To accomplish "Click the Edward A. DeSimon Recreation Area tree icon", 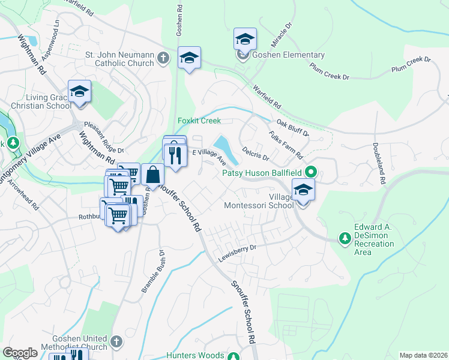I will pos(345,239).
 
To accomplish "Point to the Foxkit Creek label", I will pos(199,121).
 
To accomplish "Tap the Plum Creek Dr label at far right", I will pos(411,64).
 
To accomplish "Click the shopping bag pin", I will pos(153,175).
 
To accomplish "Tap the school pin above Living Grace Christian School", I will pos(79,92).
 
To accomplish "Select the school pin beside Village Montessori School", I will pos(304,191).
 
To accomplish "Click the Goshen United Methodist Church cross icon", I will pos(116,341).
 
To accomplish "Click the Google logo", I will pos(20,353).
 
